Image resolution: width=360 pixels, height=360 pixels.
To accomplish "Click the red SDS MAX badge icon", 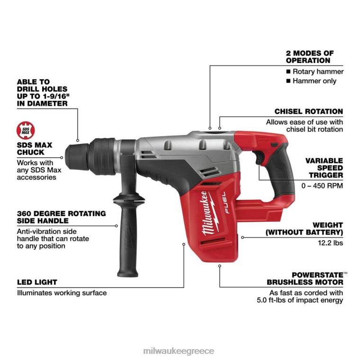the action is pos(26,130).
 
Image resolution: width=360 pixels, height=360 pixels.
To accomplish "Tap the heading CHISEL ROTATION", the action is pos(308,112).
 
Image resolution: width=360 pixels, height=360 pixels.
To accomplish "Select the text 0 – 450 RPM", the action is pos(322,186).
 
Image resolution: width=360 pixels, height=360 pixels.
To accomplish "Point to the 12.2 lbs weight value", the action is pos(330,243).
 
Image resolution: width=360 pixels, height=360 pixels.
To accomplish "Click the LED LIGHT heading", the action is pos(37,282).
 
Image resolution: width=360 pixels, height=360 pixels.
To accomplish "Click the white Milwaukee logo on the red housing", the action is pos(209,214).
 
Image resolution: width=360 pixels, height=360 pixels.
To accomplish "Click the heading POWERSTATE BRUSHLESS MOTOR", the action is pos(305,279).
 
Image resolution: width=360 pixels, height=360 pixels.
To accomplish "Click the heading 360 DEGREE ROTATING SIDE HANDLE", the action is pos(61,217).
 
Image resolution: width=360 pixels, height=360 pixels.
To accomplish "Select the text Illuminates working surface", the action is pos(62,293).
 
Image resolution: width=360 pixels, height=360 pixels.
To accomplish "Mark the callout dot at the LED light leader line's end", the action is pos(184,244).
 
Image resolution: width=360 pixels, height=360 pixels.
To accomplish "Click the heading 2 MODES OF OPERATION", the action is pos(309,57).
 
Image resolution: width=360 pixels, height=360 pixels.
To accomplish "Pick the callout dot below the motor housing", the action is pos(220,266).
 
